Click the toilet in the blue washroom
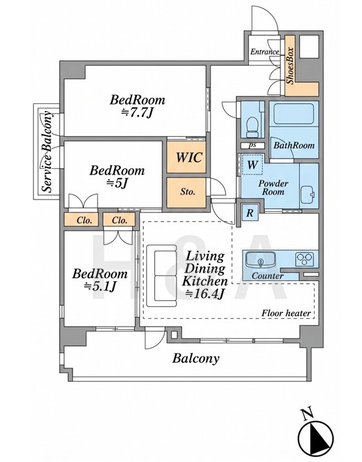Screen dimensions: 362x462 [x=252, y=127]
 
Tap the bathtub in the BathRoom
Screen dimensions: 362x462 [x=293, y=114]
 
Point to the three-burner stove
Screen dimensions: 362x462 [x=305, y=259]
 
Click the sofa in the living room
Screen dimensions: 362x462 [x=162, y=276]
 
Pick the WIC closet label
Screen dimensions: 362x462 [x=189, y=157]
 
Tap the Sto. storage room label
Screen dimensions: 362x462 [x=188, y=192]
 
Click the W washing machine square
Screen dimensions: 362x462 [x=252, y=165]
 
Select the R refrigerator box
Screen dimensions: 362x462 [x=250, y=212]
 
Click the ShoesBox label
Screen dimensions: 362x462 [x=291, y=65]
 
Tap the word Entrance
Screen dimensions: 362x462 [x=264, y=52]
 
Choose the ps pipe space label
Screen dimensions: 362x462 [x=252, y=145]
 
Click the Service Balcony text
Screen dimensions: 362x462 [x=47, y=151]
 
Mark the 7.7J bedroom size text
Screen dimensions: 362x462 [x=137, y=112]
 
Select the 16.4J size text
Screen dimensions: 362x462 [x=205, y=293]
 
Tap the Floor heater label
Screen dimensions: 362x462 [x=286, y=313]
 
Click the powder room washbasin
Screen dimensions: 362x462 [x=308, y=194]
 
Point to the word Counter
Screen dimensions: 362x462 [x=268, y=276]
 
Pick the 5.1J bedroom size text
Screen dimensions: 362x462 [x=100, y=286]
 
